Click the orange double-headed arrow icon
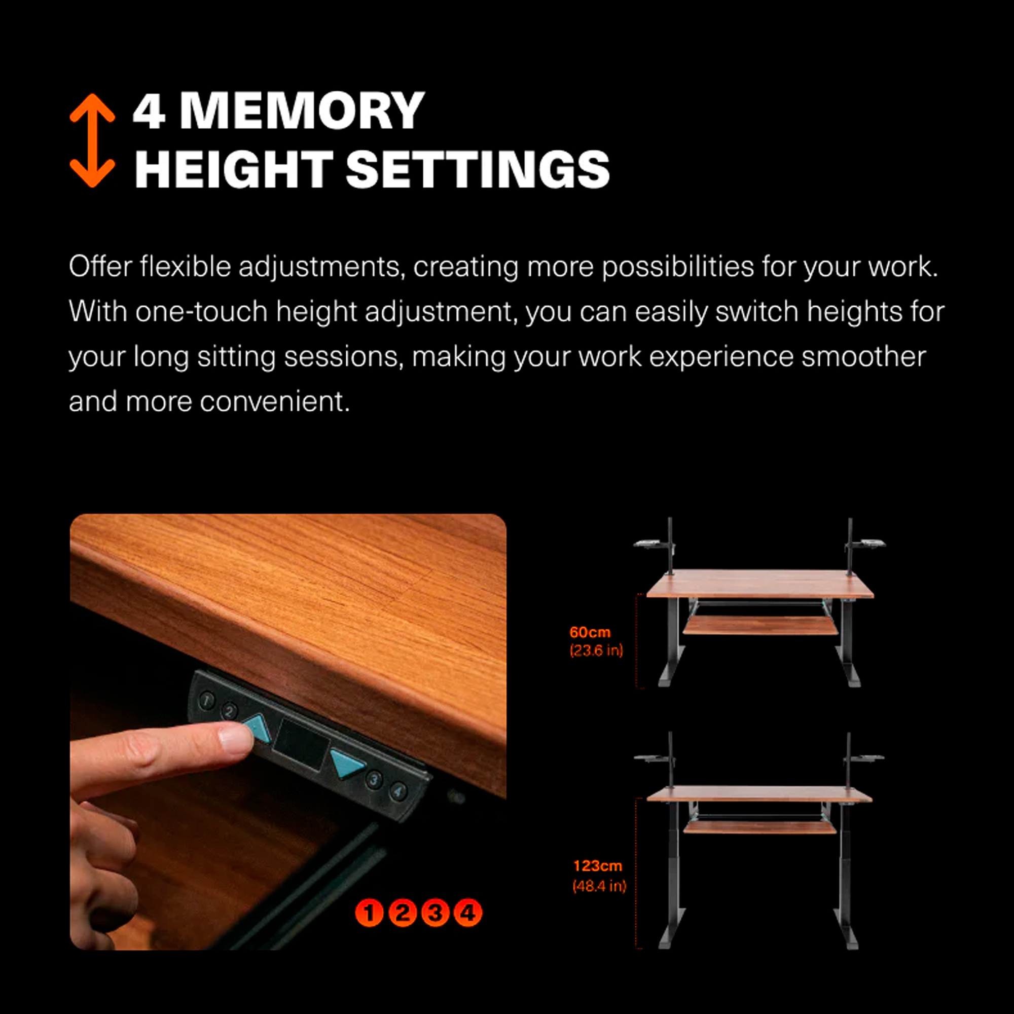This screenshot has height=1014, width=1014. tap(92, 140)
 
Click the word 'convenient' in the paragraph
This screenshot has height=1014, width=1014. tap(274, 402)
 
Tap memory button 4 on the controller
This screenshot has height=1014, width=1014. tap(399, 791)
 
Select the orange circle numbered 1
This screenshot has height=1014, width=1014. tap(369, 913)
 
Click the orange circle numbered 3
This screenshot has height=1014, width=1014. tap(435, 913)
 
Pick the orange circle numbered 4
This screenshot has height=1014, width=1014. tap(467, 913)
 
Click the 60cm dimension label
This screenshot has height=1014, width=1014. tap(590, 632)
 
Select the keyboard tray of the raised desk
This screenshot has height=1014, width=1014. tap(759, 826)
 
